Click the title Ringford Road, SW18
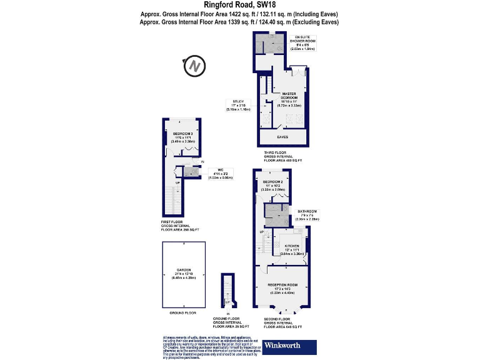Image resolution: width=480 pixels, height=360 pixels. (x=240, y=4)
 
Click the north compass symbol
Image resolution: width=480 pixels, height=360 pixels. (x=196, y=64)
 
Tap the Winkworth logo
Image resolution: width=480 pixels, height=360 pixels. (x=290, y=346)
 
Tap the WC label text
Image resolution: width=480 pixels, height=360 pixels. (x=219, y=172)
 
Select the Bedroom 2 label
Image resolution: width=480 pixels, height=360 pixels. (x=273, y=185)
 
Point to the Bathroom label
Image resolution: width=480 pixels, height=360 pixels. (x=307, y=215)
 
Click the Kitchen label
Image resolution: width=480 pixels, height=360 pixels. (x=292, y=249)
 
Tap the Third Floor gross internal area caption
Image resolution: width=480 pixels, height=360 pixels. (x=282, y=156)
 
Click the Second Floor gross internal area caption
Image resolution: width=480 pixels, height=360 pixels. (x=282, y=323)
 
